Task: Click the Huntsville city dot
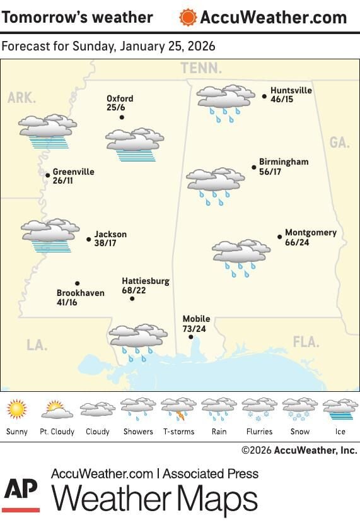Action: point(264,97)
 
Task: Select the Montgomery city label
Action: point(311,232)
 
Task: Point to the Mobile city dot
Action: point(191,337)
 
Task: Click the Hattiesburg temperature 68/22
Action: point(136,290)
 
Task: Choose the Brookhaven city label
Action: point(80,293)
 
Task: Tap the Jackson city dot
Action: point(89,239)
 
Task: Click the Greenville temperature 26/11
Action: point(63,180)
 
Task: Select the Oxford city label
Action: point(120,99)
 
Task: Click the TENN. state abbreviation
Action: point(201,68)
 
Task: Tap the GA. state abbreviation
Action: point(339,143)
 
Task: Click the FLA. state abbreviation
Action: point(306,342)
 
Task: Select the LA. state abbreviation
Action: point(37,345)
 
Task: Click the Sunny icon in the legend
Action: point(17,410)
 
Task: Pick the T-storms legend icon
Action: point(178,410)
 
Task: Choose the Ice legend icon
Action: point(340,410)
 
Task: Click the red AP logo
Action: point(21,493)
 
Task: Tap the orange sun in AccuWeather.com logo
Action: point(187,17)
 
